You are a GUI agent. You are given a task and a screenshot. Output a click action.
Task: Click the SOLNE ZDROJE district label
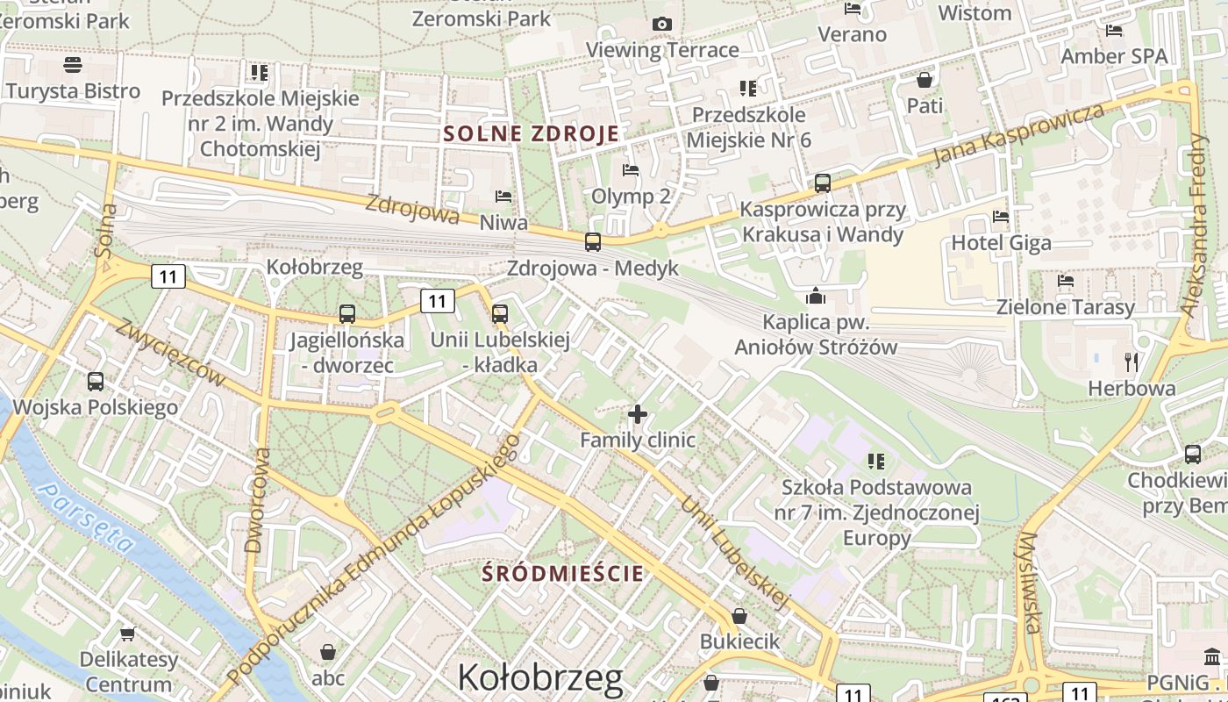(x=532, y=133)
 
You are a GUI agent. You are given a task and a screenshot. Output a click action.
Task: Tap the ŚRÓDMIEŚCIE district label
(x=564, y=574)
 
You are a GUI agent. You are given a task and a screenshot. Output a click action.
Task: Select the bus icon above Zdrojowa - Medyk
(x=593, y=241)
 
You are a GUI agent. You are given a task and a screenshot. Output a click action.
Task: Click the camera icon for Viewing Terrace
(x=662, y=24)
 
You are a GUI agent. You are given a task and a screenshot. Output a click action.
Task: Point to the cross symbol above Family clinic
(x=638, y=413)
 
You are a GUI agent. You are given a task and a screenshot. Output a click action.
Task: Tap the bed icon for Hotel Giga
(x=1000, y=217)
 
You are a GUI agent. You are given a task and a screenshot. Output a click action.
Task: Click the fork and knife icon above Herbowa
(x=1132, y=361)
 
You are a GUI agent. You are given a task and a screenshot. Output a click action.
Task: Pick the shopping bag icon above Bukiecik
(x=739, y=616)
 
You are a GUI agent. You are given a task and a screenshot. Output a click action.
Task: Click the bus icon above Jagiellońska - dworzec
(x=347, y=313)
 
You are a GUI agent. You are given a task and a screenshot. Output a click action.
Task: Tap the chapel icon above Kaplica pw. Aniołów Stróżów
(x=816, y=296)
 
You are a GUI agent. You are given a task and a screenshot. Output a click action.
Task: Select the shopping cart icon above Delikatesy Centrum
(x=127, y=633)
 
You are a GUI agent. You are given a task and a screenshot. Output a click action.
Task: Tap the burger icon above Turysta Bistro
(x=73, y=65)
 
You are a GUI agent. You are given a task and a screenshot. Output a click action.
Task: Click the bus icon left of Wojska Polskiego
(x=96, y=382)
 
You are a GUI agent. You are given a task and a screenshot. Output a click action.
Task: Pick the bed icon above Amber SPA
(x=1114, y=31)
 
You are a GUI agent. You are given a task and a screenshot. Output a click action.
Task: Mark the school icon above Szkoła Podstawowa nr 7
(x=875, y=461)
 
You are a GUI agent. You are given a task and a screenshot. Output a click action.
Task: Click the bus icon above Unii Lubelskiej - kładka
(x=500, y=313)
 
